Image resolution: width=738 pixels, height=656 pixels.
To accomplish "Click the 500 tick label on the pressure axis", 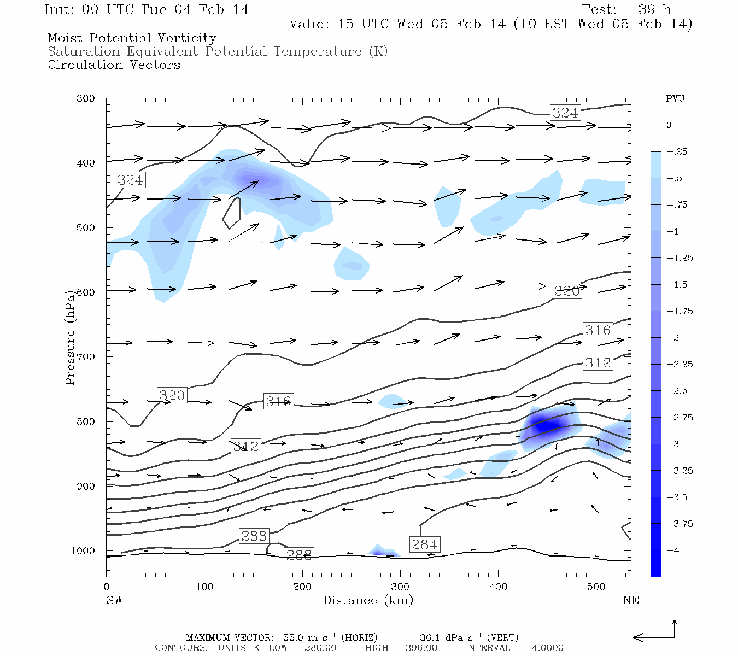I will click(86, 227).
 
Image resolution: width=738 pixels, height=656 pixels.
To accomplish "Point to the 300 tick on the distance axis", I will click(400, 587).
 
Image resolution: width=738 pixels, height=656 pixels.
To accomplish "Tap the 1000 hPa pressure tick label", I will click(83, 551).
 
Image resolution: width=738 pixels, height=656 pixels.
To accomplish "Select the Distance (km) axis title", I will click(368, 600).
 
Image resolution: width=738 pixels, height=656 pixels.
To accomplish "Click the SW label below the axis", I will click(114, 600).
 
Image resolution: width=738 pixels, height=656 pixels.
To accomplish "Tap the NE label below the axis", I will click(630, 600).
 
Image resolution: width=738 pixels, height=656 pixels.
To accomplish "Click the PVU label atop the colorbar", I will click(675, 99).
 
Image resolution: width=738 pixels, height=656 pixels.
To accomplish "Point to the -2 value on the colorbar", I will click(672, 338).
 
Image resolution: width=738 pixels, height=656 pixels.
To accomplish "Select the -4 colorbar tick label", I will click(672, 550).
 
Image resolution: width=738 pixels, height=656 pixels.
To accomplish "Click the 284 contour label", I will click(425, 544).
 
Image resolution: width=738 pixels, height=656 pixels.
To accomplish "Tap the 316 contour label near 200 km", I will click(278, 401).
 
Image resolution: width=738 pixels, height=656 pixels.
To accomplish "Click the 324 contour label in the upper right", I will click(565, 113).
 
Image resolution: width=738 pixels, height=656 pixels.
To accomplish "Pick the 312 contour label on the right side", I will click(598, 362).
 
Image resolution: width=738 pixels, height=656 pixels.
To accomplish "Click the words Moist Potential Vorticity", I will click(132, 38).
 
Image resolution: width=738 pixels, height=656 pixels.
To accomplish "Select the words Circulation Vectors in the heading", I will click(114, 65).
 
